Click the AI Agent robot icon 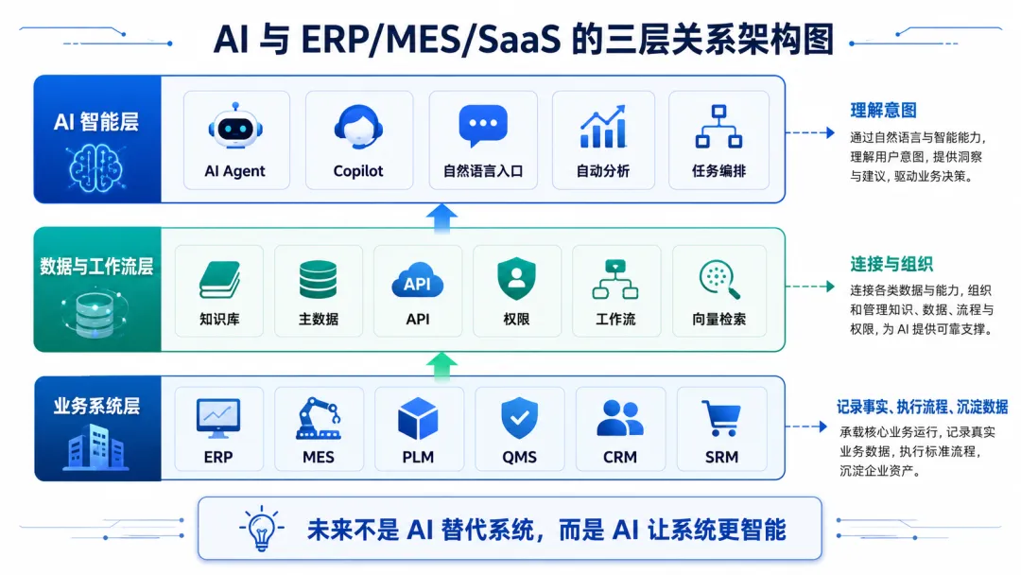235,127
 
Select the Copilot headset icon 358,127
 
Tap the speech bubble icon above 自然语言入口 482,126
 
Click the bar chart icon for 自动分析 603,127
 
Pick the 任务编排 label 718,170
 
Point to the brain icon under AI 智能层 96,168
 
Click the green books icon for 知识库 219,280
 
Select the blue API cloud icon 418,281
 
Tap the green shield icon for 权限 516,279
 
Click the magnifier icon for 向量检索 719,279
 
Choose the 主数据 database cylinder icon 319,279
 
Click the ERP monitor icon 218,418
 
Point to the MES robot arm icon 319,418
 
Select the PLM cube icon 418,419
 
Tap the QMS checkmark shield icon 519,418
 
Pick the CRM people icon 620,418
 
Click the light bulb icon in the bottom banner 262,528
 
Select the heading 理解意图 883,110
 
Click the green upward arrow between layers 442,366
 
